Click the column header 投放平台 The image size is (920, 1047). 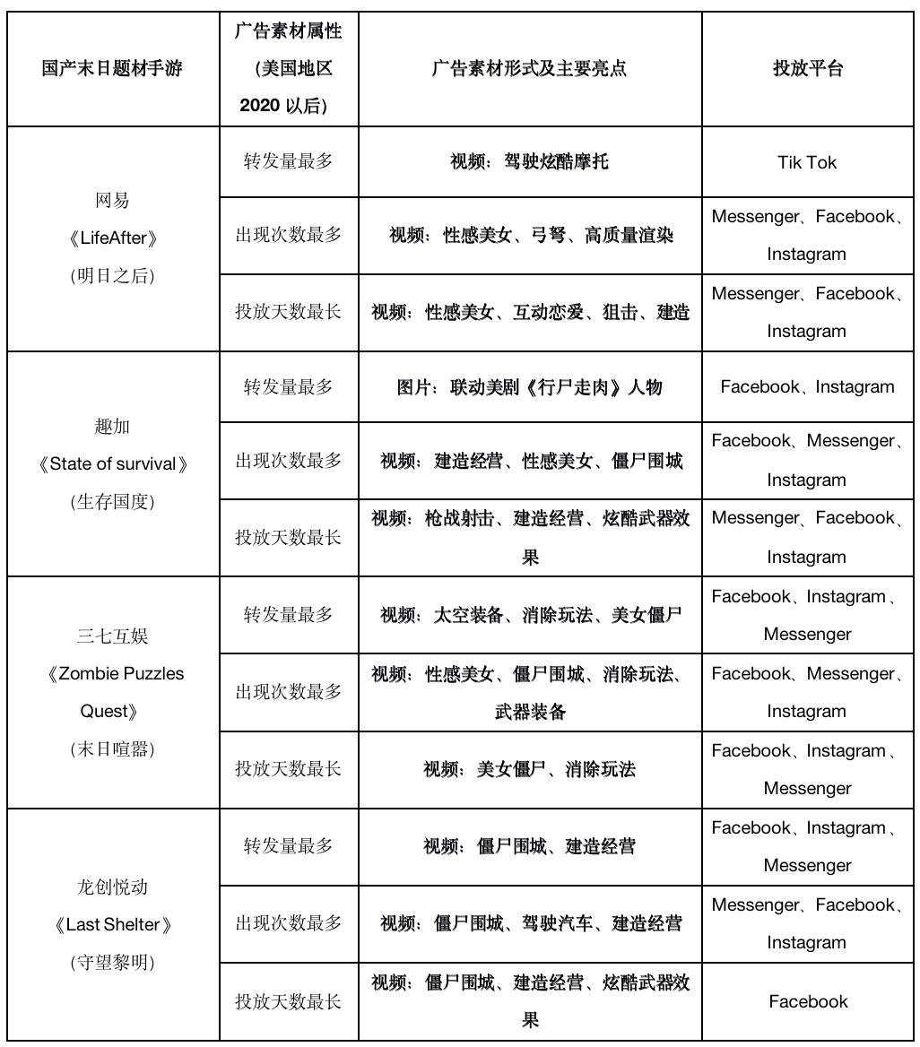[807, 69]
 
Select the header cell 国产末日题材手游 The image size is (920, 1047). [112, 69]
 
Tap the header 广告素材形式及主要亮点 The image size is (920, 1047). [529, 69]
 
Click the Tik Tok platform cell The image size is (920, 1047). [807, 162]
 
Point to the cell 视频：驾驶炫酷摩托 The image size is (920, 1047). [529, 162]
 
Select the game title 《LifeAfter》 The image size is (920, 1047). [112, 238]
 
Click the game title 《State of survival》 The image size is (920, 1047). [112, 464]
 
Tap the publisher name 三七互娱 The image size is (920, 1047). [112, 636]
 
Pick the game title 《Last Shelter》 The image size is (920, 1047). [112, 925]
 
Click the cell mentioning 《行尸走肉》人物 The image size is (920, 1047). [529, 387]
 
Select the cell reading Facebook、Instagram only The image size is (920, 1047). [807, 387]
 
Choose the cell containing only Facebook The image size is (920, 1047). [807, 1001]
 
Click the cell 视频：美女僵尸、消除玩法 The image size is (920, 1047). [529, 769]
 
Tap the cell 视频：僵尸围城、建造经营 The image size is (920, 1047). [529, 846]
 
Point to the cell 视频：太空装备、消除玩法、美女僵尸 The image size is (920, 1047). [529, 615]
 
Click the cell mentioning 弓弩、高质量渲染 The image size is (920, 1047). [529, 236]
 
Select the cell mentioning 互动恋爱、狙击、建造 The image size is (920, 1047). [529, 313]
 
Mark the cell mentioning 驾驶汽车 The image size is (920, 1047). [529, 923]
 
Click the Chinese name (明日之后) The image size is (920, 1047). [112, 276]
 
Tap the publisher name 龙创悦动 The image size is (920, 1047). [112, 887]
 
